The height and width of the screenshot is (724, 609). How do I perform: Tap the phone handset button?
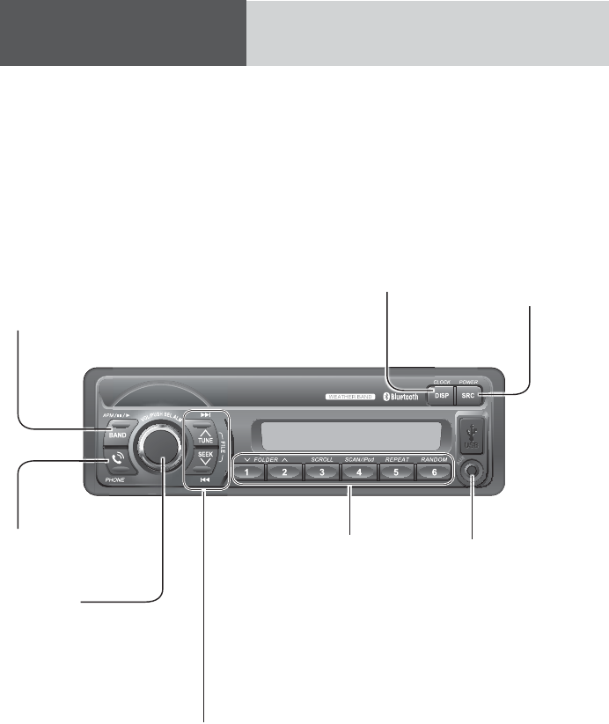pos(116,459)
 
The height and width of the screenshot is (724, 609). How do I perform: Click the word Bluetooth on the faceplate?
pos(407,398)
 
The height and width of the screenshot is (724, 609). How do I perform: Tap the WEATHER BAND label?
pos(350,398)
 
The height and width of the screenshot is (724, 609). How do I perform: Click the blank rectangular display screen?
pos(345,435)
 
